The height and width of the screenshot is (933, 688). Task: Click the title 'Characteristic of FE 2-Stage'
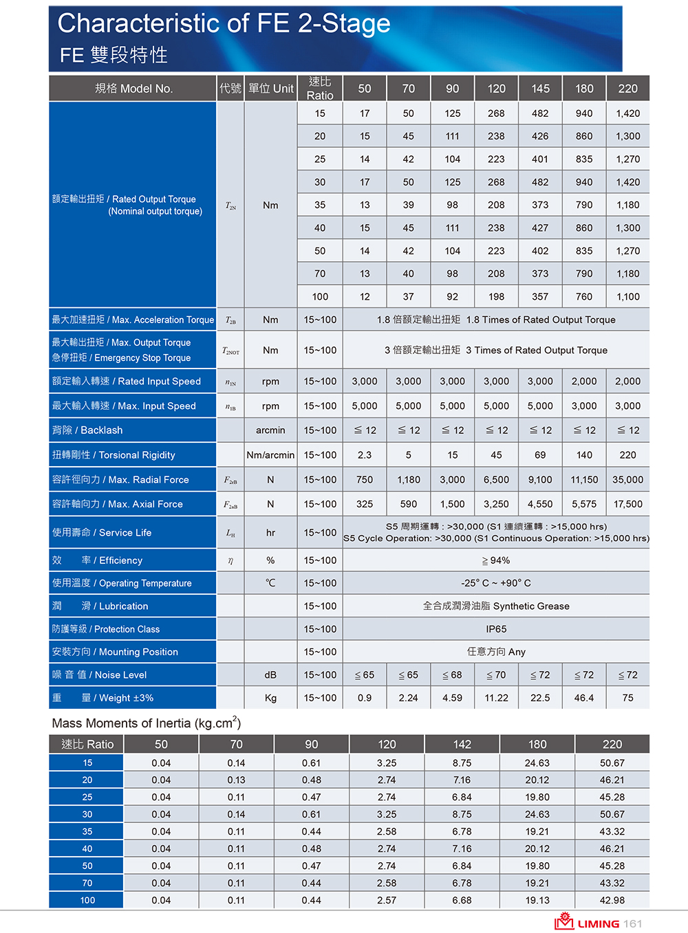click(x=224, y=24)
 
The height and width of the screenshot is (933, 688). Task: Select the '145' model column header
click(x=540, y=89)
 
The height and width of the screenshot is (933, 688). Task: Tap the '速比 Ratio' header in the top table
click(x=320, y=89)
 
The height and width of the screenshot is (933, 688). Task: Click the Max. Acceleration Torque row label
click(x=133, y=320)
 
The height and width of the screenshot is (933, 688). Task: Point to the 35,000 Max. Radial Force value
click(x=627, y=480)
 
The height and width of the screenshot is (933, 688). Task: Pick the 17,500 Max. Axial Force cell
click(x=627, y=504)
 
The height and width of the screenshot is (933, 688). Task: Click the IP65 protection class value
click(x=496, y=629)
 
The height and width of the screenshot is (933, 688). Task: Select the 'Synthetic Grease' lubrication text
click(x=496, y=606)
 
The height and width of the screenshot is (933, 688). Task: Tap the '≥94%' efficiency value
click(x=496, y=560)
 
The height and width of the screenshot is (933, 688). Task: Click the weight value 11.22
click(x=496, y=698)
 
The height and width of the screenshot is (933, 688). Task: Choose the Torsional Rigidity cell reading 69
click(x=540, y=455)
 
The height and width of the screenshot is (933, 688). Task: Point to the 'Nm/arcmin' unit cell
click(x=270, y=455)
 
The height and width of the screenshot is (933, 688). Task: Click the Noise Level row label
click(x=100, y=675)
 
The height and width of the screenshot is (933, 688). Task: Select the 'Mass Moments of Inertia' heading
click(x=147, y=723)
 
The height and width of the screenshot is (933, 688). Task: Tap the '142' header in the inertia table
click(x=462, y=745)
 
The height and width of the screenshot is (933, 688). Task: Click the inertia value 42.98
click(x=612, y=900)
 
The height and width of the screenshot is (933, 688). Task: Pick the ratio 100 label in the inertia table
click(x=87, y=900)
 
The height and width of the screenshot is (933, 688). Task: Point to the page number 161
click(x=633, y=923)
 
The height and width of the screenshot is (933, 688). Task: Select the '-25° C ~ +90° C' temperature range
click(x=496, y=583)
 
